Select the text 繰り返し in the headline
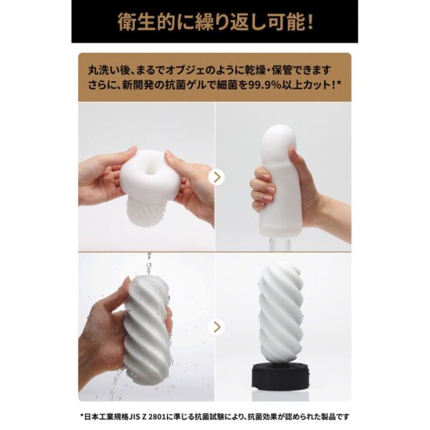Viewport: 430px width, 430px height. click(222, 21)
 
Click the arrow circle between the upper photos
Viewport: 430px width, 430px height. click(215, 176)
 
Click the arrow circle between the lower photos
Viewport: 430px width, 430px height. click(215, 327)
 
